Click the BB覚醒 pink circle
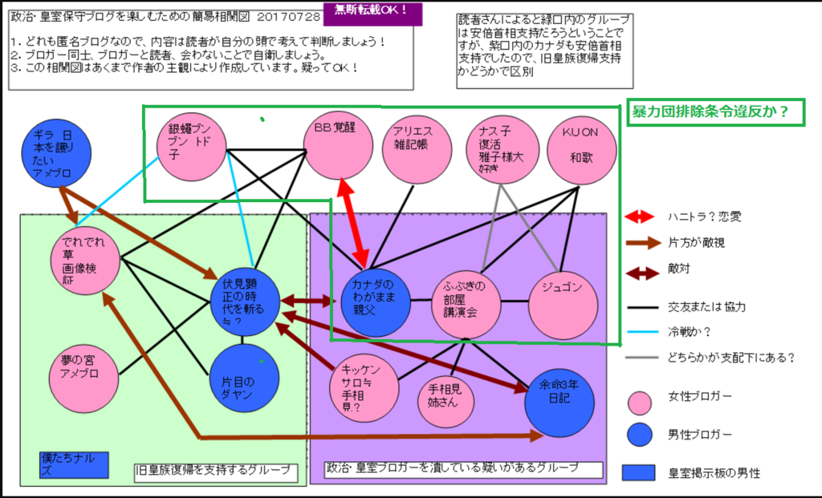pos(338,144)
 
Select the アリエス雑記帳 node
pos(417,149)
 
